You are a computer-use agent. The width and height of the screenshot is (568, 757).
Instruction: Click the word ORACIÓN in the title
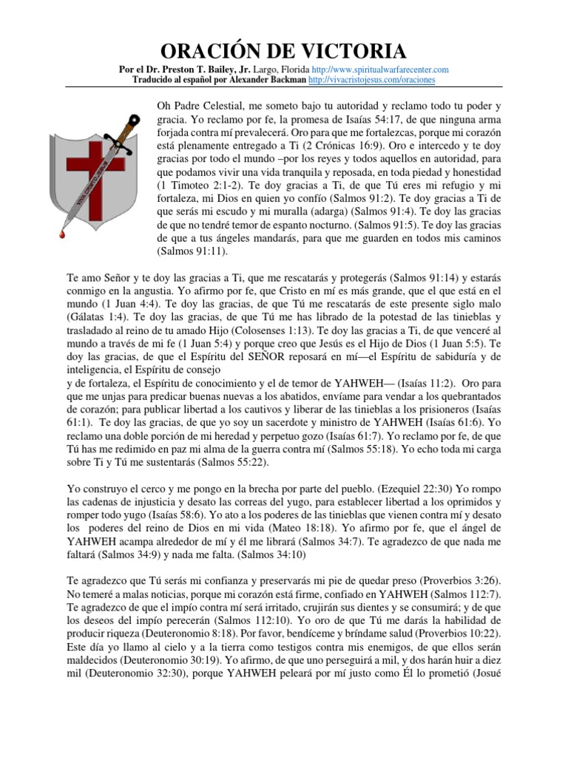click(x=216, y=52)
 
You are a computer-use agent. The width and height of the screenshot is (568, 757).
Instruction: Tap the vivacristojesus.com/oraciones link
click(x=371, y=79)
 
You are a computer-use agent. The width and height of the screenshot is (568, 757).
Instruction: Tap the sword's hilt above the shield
click(x=133, y=120)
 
